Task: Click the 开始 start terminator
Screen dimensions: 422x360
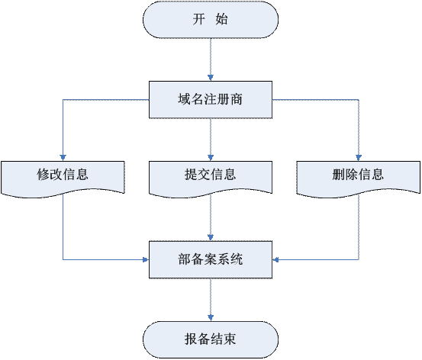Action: (x=211, y=19)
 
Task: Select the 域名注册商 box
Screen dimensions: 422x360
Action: (x=211, y=100)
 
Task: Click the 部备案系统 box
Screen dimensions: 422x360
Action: (x=211, y=259)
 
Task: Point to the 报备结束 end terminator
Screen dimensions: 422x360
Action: (x=211, y=339)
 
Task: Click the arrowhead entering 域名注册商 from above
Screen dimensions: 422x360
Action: (x=211, y=78)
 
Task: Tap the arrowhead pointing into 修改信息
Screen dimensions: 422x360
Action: (x=63, y=158)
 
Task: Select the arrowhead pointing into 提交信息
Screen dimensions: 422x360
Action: (x=211, y=158)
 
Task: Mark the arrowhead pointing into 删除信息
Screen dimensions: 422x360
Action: (x=359, y=158)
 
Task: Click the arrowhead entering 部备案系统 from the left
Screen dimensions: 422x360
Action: (x=146, y=259)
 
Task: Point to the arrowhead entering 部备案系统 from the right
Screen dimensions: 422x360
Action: (x=275, y=259)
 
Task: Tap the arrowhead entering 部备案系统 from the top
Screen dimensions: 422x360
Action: (x=211, y=237)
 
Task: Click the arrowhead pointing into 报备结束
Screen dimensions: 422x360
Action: (x=211, y=318)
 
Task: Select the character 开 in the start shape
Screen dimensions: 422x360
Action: (x=199, y=19)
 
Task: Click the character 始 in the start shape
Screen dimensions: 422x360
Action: (x=221, y=19)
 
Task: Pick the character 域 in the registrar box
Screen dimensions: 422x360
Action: (x=185, y=99)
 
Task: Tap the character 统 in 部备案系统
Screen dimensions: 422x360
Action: (x=237, y=259)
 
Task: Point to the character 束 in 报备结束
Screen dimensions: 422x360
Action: (x=230, y=339)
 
